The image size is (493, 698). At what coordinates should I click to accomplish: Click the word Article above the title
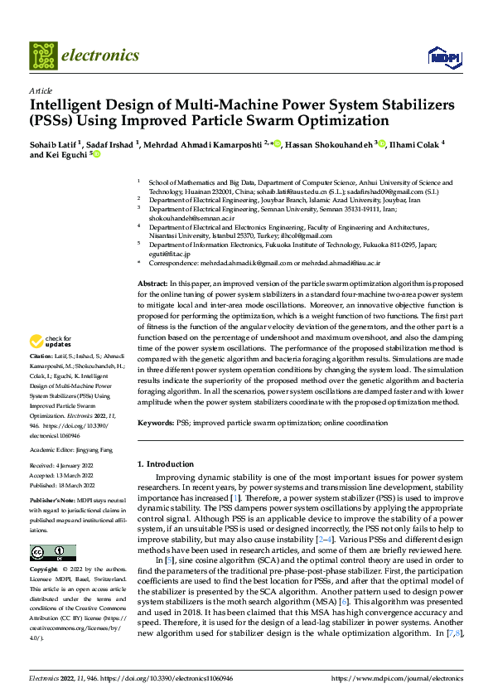[41, 90]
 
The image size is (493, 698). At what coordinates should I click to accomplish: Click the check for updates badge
[51, 364]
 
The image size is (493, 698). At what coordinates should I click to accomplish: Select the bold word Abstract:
[152, 284]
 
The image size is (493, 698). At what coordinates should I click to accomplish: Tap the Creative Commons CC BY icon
[52, 552]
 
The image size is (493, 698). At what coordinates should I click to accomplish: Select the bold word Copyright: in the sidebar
[46, 570]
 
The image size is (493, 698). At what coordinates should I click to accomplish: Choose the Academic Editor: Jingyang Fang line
[72, 448]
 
